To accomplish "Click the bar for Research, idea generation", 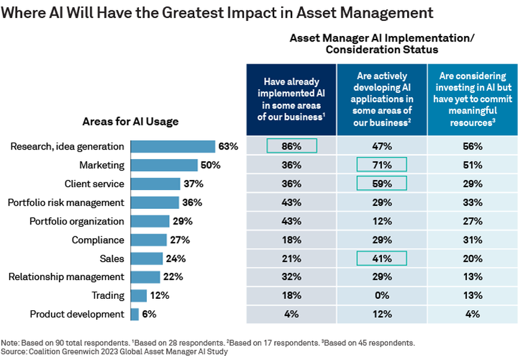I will pyautogui.click(x=173, y=146).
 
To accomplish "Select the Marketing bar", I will pyautogui.click(x=164, y=165).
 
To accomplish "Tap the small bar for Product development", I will pyautogui.click(x=135, y=314).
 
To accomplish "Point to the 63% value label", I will pyautogui.click(x=228, y=146).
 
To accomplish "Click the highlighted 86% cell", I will pyautogui.click(x=291, y=146).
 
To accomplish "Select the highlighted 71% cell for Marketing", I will pyautogui.click(x=381, y=165).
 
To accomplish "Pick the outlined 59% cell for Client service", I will pyautogui.click(x=381, y=184).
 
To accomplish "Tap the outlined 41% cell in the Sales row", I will pyautogui.click(x=381, y=259).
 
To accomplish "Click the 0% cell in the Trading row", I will pyautogui.click(x=381, y=296).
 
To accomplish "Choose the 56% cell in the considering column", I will pyautogui.click(x=472, y=146).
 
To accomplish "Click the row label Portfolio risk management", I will pyautogui.click(x=66, y=202).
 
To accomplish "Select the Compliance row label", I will pyautogui.click(x=98, y=240).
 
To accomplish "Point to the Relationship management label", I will pyautogui.click(x=67, y=277).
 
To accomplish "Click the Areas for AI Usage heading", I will pyautogui.click(x=130, y=122).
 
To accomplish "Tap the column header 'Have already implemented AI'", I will pyautogui.click(x=291, y=99).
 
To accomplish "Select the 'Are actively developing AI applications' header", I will pyautogui.click(x=381, y=99).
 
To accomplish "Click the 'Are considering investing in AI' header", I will pyautogui.click(x=472, y=99).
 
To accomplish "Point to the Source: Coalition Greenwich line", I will pyautogui.click(x=115, y=352).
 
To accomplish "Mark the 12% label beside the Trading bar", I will pyautogui.click(x=159, y=295).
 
